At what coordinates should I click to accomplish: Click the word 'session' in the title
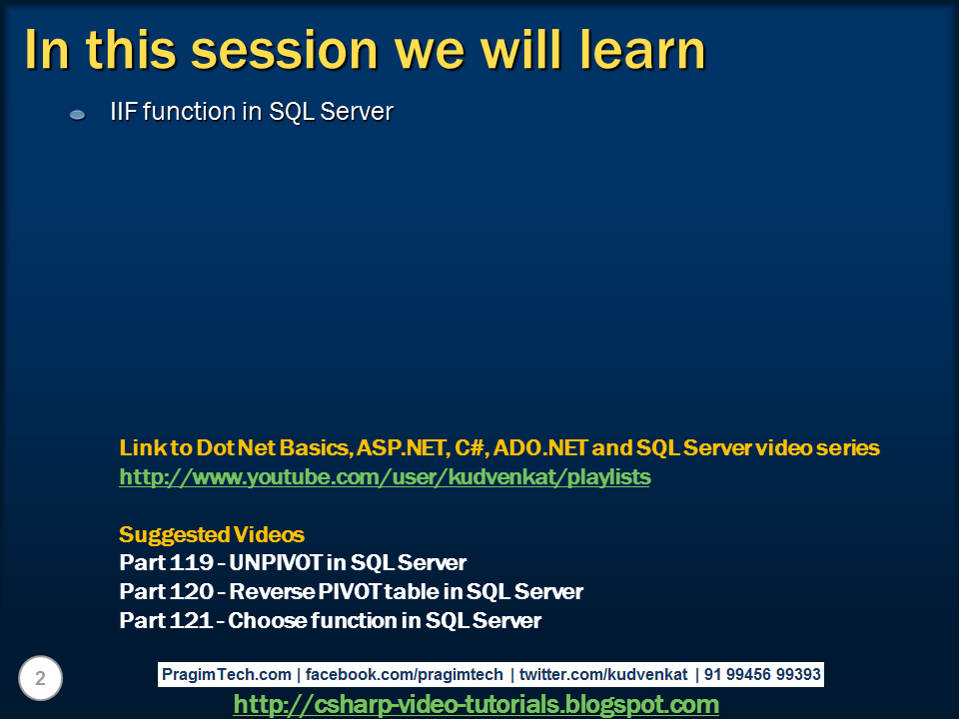(x=285, y=50)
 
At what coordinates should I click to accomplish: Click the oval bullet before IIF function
(x=78, y=114)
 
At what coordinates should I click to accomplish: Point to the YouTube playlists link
(x=385, y=477)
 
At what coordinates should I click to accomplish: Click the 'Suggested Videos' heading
(x=212, y=535)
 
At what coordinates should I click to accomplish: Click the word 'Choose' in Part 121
(x=268, y=620)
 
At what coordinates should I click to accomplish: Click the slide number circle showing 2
(x=40, y=678)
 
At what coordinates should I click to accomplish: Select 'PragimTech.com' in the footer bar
(x=227, y=674)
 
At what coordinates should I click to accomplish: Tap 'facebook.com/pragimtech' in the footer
(x=405, y=674)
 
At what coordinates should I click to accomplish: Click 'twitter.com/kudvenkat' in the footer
(x=603, y=674)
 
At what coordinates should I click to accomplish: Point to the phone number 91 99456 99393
(x=762, y=674)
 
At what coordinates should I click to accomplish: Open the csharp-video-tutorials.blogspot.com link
(x=477, y=704)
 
